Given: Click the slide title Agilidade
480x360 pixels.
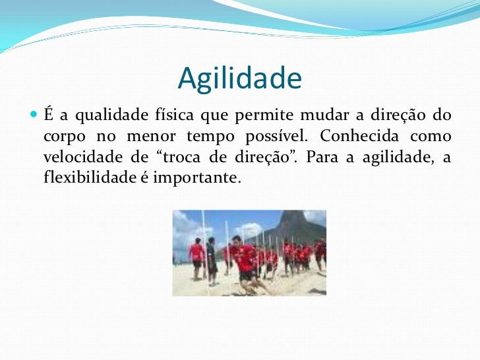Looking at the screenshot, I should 239,79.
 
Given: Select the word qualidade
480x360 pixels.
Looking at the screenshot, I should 106,116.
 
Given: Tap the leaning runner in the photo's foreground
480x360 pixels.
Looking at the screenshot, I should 245,260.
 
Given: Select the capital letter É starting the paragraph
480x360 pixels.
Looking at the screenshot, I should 49,115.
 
